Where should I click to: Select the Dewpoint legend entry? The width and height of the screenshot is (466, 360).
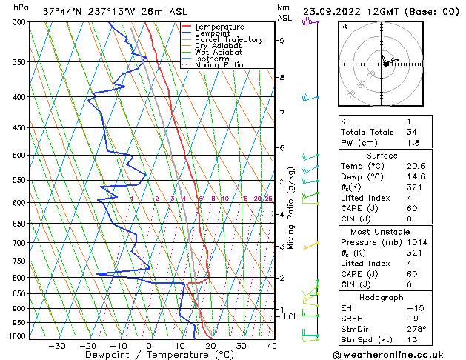(214, 33)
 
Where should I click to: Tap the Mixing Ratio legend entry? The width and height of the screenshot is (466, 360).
(219, 65)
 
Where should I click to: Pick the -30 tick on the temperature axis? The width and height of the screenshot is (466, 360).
(56, 346)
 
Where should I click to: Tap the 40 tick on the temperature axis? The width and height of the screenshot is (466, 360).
(272, 346)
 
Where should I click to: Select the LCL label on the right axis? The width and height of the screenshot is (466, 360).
(291, 316)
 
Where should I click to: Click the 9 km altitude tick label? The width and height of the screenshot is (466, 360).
(282, 41)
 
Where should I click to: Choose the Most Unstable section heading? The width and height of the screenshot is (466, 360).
(382, 232)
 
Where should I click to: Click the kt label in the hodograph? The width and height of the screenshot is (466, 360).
(344, 26)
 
